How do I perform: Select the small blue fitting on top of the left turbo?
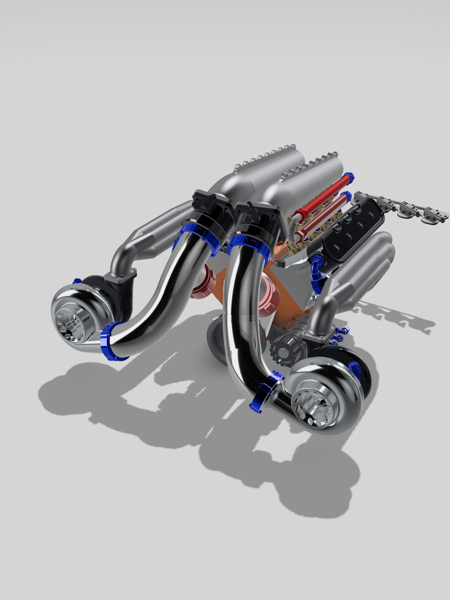coord(77,281)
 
